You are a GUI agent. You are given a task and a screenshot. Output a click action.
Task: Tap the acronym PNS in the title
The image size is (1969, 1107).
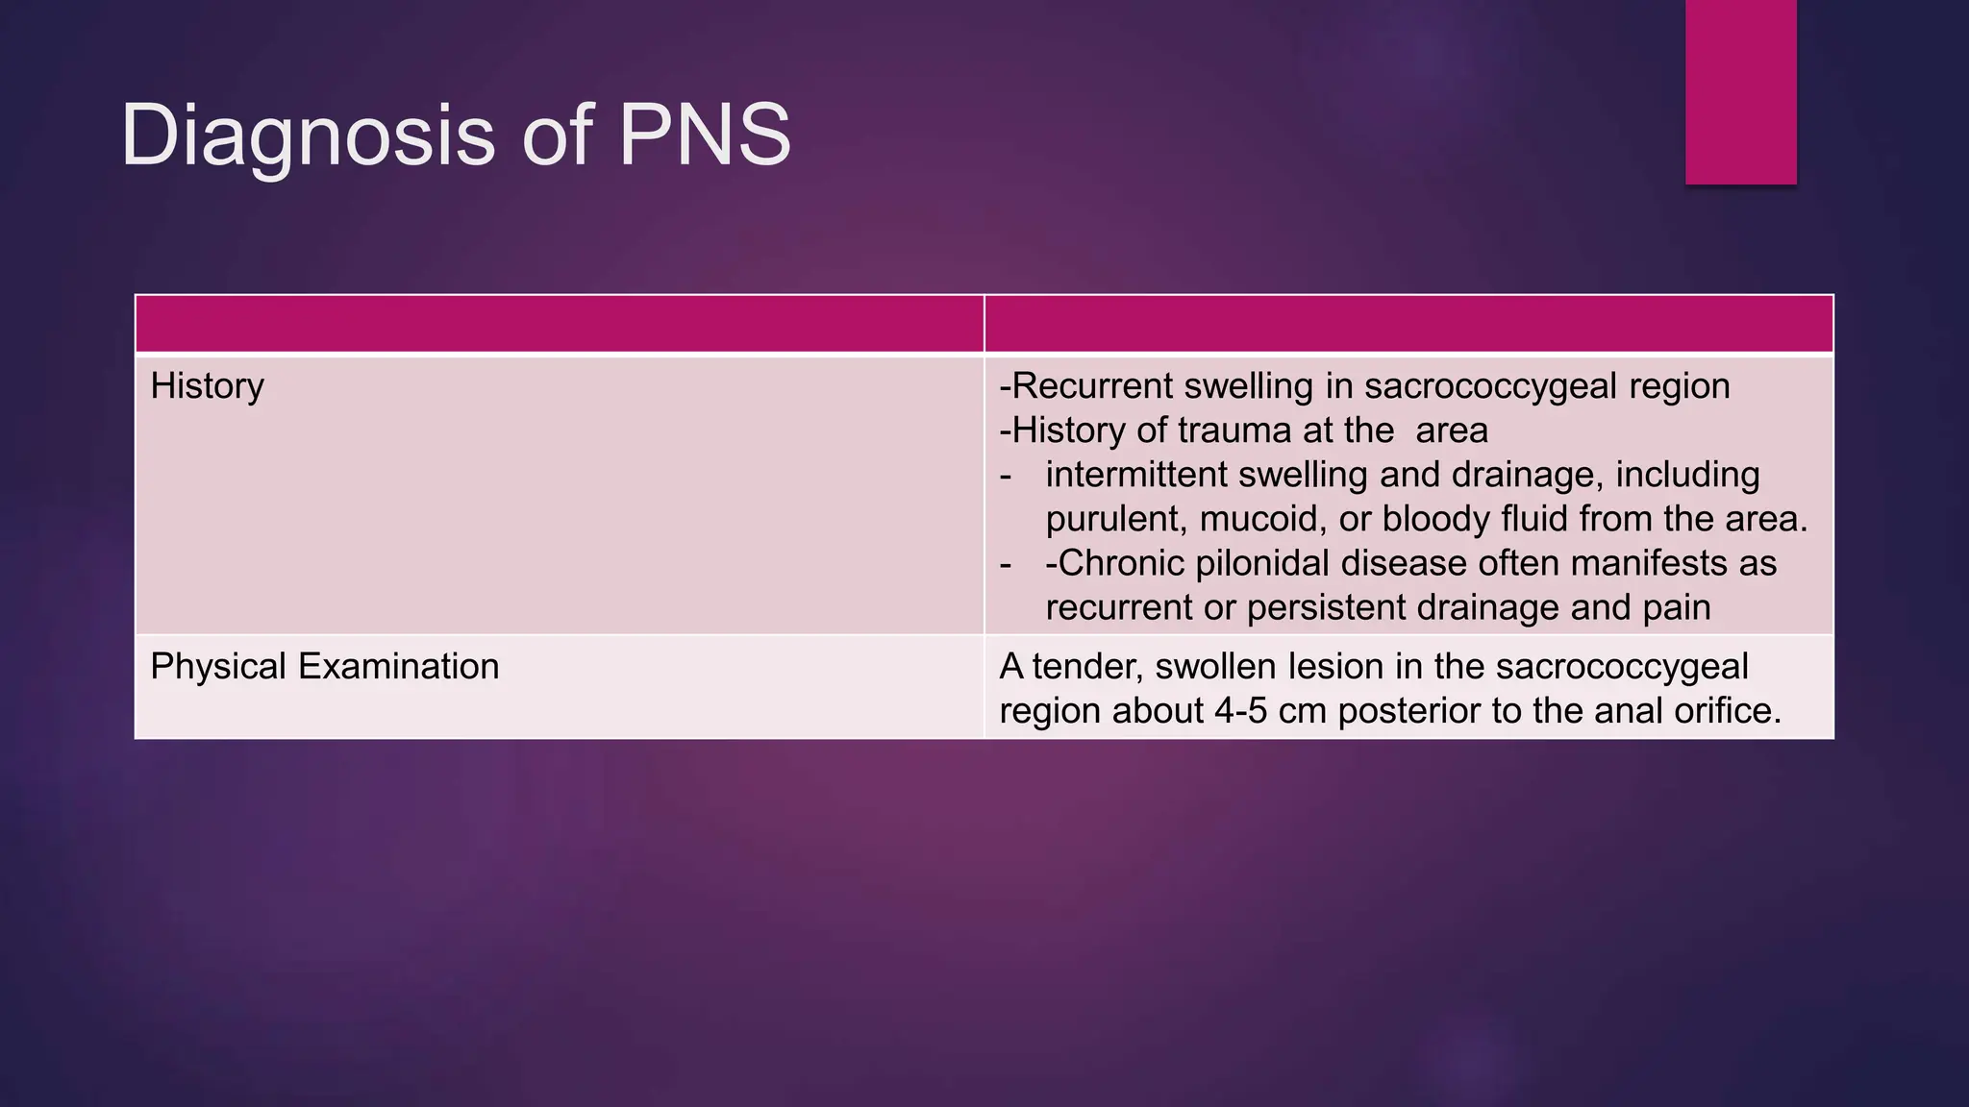pos(705,135)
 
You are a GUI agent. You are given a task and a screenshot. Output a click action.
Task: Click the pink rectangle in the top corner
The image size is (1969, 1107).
pos(1740,91)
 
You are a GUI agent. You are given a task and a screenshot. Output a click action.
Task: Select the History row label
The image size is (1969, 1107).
pos(207,386)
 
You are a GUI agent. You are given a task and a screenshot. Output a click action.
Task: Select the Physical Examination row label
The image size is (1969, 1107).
pos(324,667)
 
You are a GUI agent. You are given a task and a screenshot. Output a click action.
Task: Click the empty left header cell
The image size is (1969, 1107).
pos(559,324)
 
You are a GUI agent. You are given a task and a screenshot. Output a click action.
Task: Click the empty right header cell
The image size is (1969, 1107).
pos(1408,324)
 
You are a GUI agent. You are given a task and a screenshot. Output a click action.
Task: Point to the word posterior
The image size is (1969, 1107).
pos(1408,711)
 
